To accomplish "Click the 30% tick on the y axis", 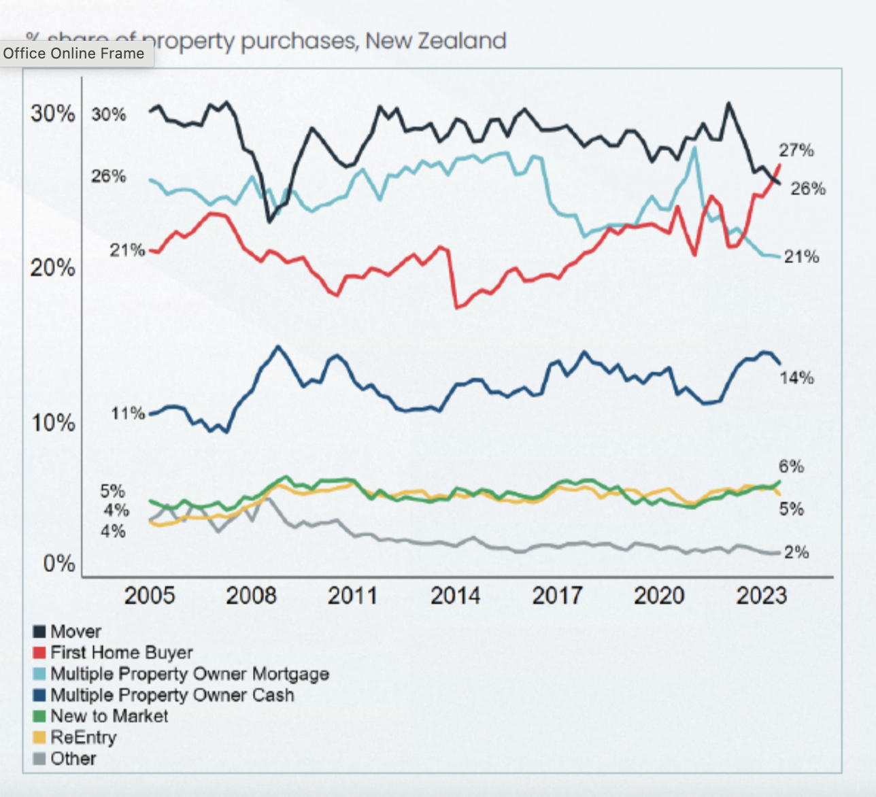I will pyautogui.click(x=52, y=114).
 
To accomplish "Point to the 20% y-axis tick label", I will pyautogui.click(x=52, y=268).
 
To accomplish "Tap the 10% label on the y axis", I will pyautogui.click(x=52, y=423).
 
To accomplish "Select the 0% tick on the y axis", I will pyautogui.click(x=58, y=564).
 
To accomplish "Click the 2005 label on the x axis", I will pyautogui.click(x=149, y=596).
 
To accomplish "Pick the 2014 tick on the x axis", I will pyautogui.click(x=455, y=596).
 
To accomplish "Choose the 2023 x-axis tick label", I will pyautogui.click(x=761, y=596).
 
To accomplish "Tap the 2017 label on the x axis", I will pyautogui.click(x=557, y=596).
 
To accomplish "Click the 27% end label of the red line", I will pyautogui.click(x=796, y=150).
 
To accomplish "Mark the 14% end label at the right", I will pyautogui.click(x=796, y=378).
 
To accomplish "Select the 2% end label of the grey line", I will pyautogui.click(x=796, y=552).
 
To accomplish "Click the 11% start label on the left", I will pyautogui.click(x=128, y=413).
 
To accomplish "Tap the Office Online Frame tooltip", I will pyautogui.click(x=73, y=54).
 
